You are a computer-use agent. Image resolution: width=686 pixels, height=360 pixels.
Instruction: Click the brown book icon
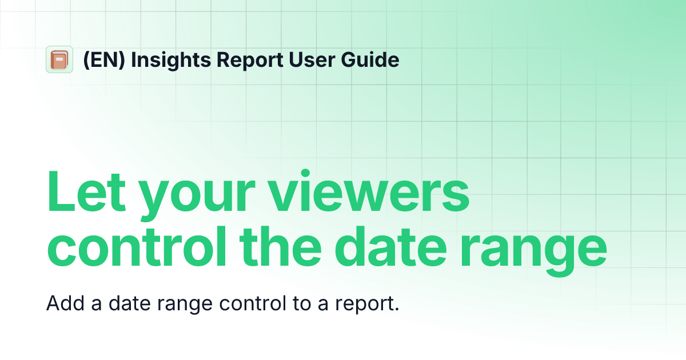59,59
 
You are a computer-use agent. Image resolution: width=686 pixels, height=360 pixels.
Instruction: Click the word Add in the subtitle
64,303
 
